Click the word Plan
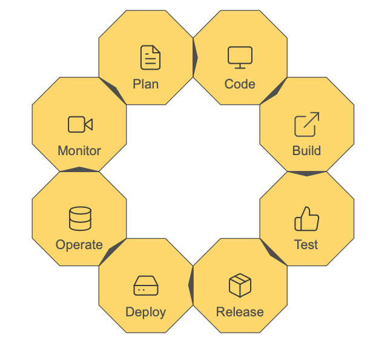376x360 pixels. (x=146, y=84)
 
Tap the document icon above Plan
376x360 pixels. (x=150, y=58)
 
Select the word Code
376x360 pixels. (x=240, y=84)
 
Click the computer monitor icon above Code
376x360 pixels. (x=240, y=58)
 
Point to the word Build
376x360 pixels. (x=307, y=151)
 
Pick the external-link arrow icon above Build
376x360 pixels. (x=307, y=124)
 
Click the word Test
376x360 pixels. (x=306, y=245)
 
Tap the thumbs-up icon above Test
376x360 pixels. (x=307, y=219)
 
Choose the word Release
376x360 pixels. (x=240, y=312)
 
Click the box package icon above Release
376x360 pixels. (x=240, y=285)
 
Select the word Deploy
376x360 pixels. (x=146, y=313)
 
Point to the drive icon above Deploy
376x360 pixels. (x=146, y=285)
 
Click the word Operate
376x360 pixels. (x=79, y=245)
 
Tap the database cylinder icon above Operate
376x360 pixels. (x=80, y=219)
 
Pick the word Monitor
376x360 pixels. (x=79, y=151)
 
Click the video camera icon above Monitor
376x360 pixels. (x=81, y=124)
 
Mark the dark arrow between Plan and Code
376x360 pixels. (x=195, y=58)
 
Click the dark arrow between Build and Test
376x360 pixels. (x=307, y=174)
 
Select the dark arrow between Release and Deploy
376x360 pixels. (x=191, y=285)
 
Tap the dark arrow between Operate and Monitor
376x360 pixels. (x=79, y=169)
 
